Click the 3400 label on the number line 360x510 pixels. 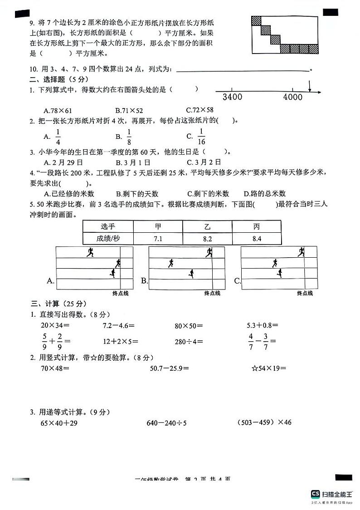pos(233,97)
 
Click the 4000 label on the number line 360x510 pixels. pos(292,97)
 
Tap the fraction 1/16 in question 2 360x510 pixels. pos(202,136)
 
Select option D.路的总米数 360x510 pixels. pos(265,193)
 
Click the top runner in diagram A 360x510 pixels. pos(90,252)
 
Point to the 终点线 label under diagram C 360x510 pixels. pos(305,294)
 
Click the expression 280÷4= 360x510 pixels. pos(189,341)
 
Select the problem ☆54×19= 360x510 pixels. pos(269,368)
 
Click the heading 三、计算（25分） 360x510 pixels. pos(58,304)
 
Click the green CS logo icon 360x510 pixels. pos(315,494)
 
